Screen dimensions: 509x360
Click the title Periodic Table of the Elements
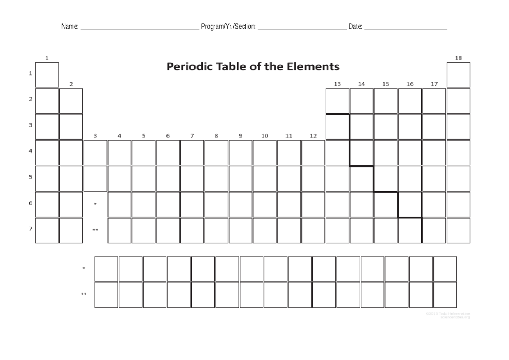(x=253, y=67)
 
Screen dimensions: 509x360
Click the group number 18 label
(x=458, y=58)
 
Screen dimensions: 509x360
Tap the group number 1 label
(x=47, y=58)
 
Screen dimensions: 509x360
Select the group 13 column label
(x=337, y=84)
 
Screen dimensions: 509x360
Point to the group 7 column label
(x=192, y=136)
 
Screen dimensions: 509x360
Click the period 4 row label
(x=30, y=151)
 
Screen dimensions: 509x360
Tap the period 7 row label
(x=30, y=229)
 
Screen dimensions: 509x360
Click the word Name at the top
(x=70, y=27)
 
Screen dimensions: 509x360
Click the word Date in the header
(x=355, y=27)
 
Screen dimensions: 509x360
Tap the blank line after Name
(x=140, y=28)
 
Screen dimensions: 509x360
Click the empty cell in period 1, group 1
(x=47, y=75)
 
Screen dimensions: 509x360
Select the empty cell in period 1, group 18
(x=459, y=75)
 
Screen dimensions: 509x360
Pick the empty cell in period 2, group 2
(x=71, y=101)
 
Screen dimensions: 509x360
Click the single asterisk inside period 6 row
(x=95, y=204)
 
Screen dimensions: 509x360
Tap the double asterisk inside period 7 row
(x=95, y=230)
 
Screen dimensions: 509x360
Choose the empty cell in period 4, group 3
(x=95, y=153)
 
